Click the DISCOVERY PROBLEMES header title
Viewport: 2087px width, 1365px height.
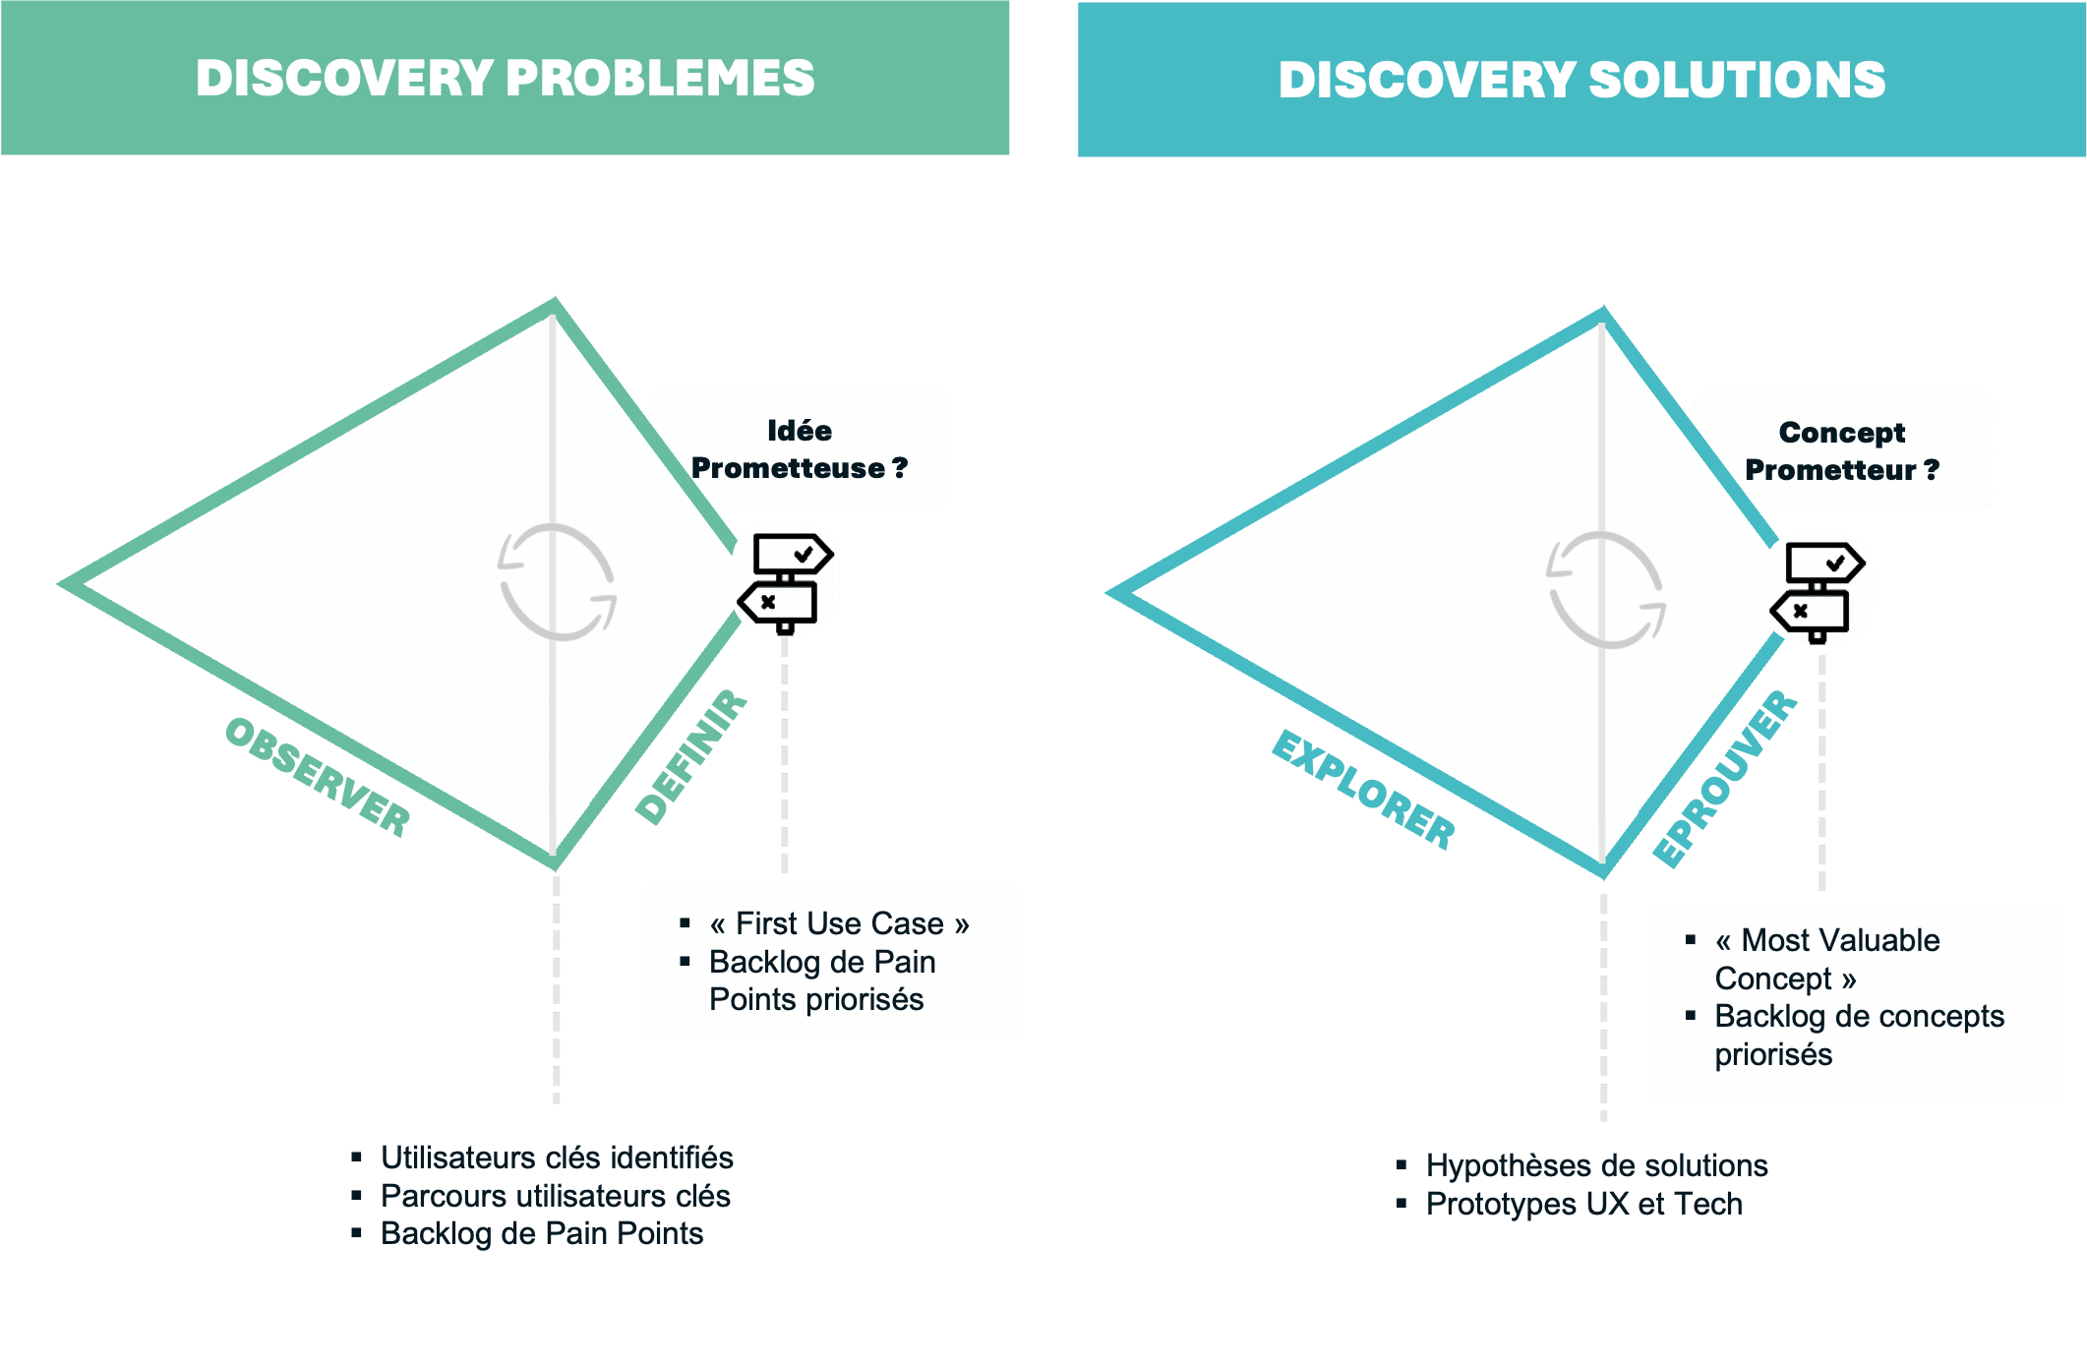pos(505,78)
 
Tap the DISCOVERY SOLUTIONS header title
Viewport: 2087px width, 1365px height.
pos(1581,80)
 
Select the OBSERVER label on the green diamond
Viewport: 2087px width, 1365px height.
pos(318,777)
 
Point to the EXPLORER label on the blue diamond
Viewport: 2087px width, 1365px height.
pos(1363,790)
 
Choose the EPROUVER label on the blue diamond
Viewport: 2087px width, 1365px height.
pos(1725,779)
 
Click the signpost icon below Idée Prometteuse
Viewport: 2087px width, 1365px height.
pos(786,583)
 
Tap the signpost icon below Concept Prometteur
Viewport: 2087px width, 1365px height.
pos(1818,592)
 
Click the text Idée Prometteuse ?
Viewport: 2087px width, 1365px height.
pos(799,449)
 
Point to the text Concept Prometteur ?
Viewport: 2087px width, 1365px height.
pos(1842,451)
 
